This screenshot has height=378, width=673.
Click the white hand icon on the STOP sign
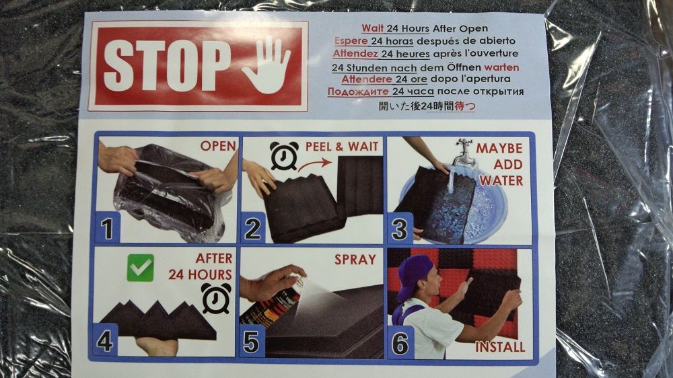(267, 65)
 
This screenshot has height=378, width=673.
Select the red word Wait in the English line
(373, 28)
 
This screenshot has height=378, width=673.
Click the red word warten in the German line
(501, 67)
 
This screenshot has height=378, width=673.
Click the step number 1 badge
(107, 228)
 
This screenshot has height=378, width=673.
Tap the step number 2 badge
(252, 228)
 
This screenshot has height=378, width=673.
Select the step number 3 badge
(400, 229)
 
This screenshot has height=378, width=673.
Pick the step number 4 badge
(105, 341)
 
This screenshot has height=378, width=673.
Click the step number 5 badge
(252, 342)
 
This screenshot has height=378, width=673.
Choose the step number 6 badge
(400, 343)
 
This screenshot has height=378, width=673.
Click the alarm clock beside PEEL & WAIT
(284, 156)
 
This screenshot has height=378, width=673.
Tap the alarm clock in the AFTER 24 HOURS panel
(216, 297)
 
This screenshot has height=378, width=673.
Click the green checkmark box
(141, 268)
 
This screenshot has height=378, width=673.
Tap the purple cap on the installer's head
(413, 276)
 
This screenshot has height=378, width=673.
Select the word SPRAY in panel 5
(355, 260)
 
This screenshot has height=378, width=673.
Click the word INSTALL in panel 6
(500, 346)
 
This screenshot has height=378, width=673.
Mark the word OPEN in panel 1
(218, 146)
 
